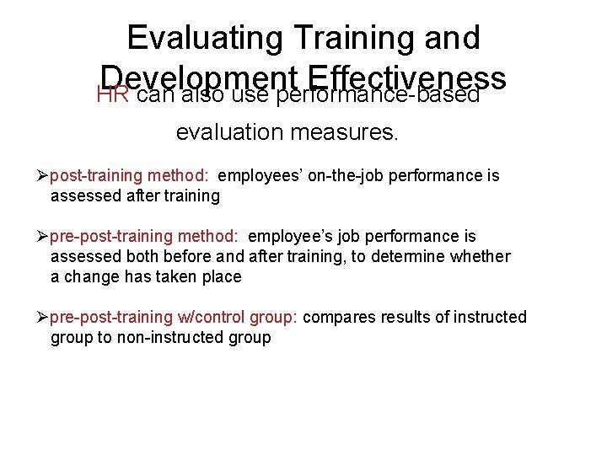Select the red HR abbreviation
[113, 94]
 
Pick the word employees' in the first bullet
[252, 176]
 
